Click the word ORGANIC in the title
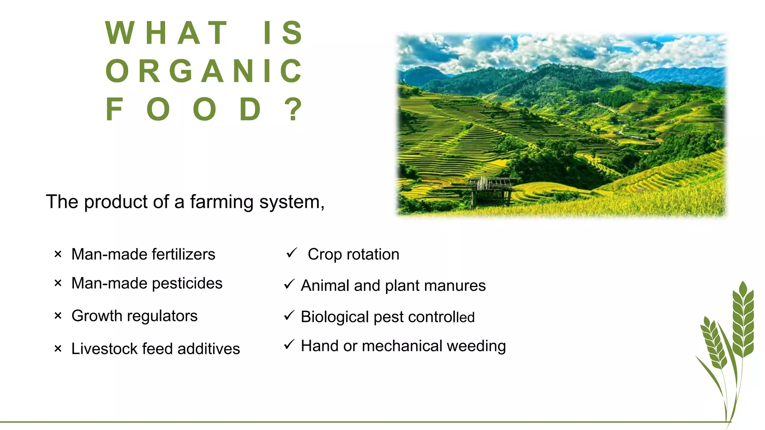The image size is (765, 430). [204, 71]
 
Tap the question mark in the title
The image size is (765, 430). [294, 109]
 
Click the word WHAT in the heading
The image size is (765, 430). [167, 33]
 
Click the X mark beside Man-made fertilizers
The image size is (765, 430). [58, 255]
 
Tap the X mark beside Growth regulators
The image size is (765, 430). [58, 316]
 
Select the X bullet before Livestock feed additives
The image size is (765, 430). [58, 349]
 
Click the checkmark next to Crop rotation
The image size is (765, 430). [291, 253]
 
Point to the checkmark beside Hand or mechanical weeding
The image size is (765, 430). [289, 344]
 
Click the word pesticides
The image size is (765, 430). [187, 283]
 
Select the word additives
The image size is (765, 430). [208, 349]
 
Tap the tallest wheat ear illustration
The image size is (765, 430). [743, 321]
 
